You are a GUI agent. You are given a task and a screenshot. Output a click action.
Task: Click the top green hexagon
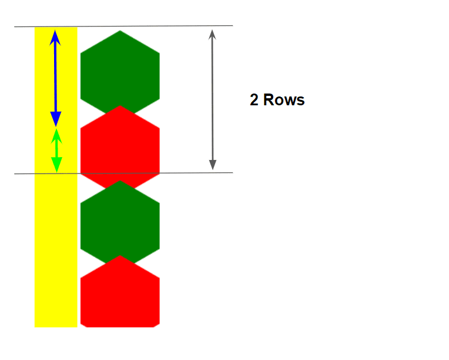pos(120,71)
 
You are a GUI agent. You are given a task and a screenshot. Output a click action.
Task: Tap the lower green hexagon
pos(120,221)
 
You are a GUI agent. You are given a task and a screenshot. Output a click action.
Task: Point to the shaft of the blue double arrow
pos(55,76)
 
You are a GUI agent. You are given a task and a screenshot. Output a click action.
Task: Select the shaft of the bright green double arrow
pos(56,151)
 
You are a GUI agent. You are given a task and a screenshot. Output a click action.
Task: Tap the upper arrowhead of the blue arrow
pos(55,36)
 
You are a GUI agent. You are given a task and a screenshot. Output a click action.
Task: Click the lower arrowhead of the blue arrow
pos(56,119)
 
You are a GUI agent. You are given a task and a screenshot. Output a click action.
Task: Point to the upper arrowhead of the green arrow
pos(56,135)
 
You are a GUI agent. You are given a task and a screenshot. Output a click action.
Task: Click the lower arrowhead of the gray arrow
pos(213,164)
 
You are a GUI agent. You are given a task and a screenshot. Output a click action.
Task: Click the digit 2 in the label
pos(254,100)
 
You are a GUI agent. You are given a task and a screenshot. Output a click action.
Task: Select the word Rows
pos(284,100)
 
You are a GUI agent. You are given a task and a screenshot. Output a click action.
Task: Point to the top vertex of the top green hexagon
pos(120,31)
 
